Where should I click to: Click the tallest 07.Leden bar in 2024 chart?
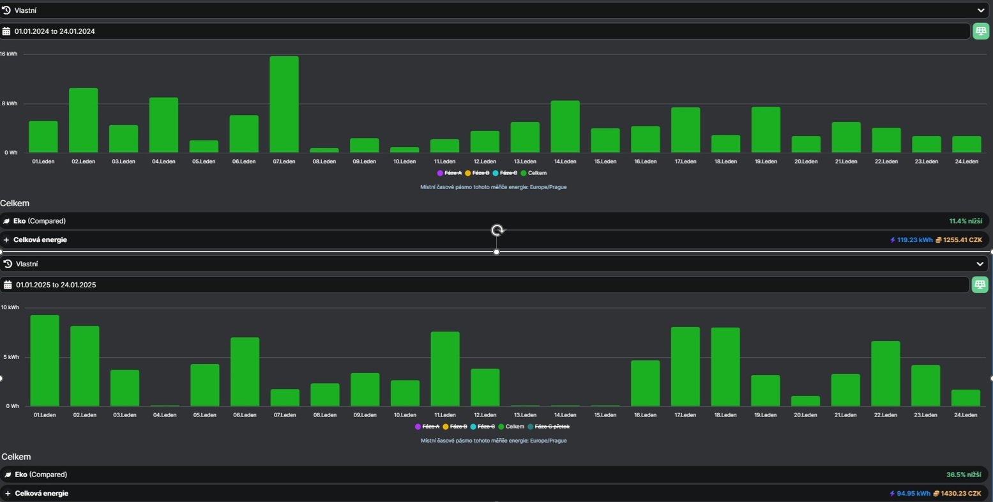coord(284,104)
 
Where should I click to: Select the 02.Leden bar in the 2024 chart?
coord(84,120)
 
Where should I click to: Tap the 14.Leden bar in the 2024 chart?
coord(565,126)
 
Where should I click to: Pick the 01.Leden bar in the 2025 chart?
coord(45,361)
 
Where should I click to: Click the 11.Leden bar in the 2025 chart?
coord(445,369)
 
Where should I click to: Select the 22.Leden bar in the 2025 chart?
coord(886,374)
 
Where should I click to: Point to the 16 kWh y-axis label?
coord(9,54)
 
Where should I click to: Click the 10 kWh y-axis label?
coord(10,307)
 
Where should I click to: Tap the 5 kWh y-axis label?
coord(11,357)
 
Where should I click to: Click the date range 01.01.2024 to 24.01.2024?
coord(54,31)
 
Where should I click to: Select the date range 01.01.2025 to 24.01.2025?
coord(56,285)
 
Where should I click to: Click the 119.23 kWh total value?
coord(915,240)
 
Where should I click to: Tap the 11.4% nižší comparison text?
coord(966,221)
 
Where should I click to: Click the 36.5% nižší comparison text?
coord(964,475)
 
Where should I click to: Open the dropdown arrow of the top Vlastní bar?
coord(981,10)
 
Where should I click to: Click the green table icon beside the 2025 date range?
coord(980,285)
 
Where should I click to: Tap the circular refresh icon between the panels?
coord(497,230)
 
